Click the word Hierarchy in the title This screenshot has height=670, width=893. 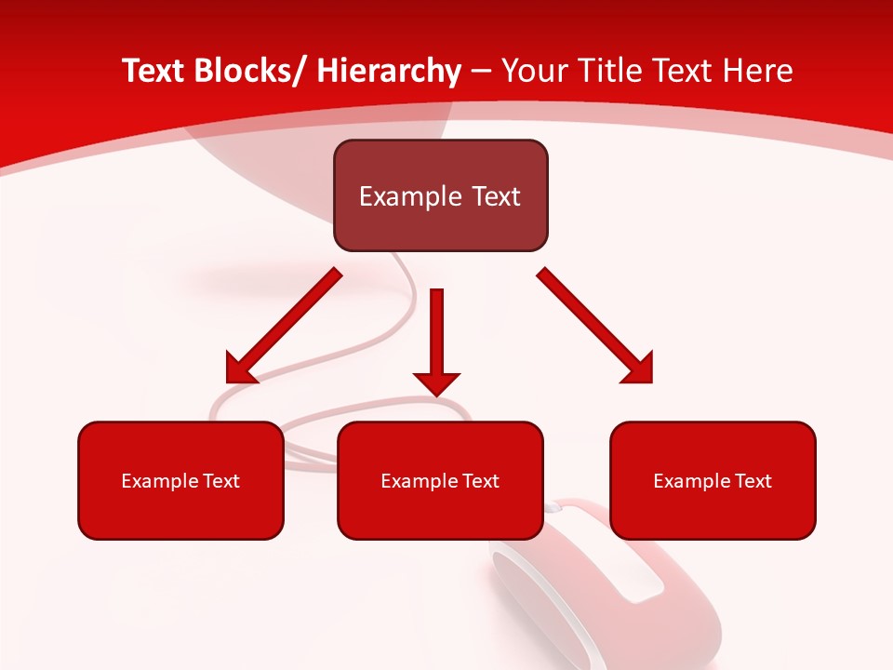pos(389,71)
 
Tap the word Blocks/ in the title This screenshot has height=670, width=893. pos(249,71)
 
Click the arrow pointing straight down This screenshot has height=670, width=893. pos(436,335)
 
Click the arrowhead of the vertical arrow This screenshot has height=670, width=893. pos(436,382)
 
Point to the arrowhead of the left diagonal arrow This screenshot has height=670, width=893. pos(240,368)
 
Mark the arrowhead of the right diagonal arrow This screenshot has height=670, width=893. pos(639,368)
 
